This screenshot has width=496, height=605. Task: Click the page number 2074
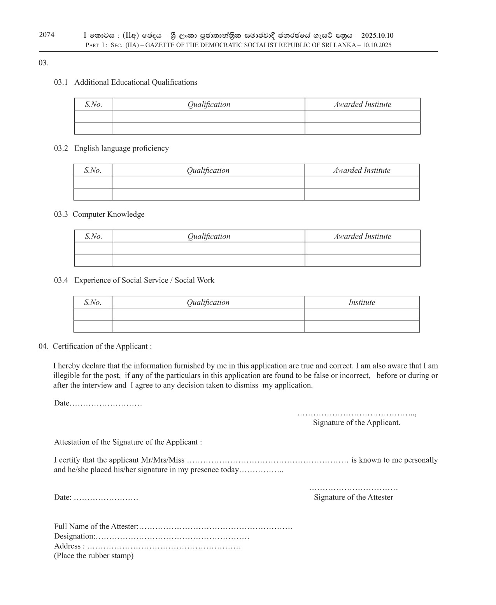47,35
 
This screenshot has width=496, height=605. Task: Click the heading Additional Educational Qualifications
136,82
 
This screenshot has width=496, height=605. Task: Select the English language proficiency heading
121,149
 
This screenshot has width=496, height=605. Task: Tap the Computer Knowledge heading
109,214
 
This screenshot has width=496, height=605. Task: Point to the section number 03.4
61,281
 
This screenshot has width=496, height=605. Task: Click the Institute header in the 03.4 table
361,302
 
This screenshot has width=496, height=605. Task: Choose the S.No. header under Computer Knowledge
93,237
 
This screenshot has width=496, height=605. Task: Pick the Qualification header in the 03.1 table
209,104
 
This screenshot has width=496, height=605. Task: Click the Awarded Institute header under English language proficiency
361,170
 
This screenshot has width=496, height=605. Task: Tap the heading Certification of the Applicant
102,346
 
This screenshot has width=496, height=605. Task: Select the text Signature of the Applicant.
356,423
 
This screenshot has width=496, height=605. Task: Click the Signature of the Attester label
353,497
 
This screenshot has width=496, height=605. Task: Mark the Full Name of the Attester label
96,527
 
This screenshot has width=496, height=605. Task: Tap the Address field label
67,546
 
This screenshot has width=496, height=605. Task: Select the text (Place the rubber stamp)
93,556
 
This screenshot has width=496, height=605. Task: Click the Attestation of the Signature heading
128,442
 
